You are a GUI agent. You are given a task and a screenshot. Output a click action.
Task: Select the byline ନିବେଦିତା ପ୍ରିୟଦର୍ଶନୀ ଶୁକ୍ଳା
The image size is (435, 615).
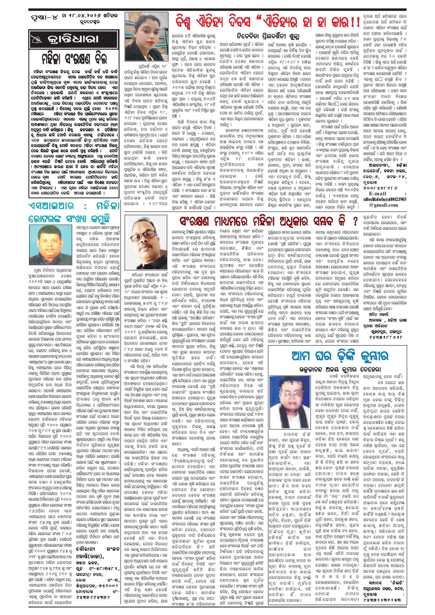[268, 36]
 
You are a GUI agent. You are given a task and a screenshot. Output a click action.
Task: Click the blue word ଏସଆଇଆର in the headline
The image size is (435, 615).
[51, 206]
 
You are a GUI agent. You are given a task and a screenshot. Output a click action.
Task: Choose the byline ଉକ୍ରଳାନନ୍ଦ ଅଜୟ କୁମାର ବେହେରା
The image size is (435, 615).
[340, 370]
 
